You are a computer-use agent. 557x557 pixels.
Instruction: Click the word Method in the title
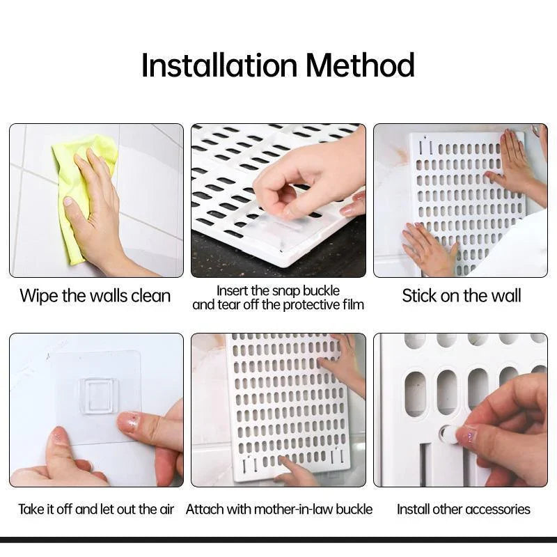click(360, 66)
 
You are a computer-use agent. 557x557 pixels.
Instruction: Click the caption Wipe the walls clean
click(95, 296)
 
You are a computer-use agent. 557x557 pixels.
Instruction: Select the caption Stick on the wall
click(461, 296)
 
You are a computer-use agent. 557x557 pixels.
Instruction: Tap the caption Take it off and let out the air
click(96, 509)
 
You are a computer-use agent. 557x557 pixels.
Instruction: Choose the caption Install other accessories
click(464, 509)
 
